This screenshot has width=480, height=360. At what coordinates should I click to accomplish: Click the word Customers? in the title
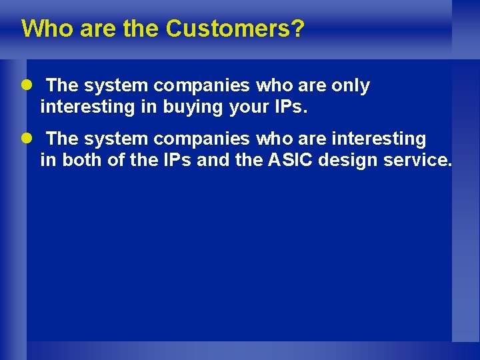point(235,29)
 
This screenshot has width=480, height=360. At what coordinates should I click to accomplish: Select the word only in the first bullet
point(347,86)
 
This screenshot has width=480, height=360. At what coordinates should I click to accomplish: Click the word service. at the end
point(417,160)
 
